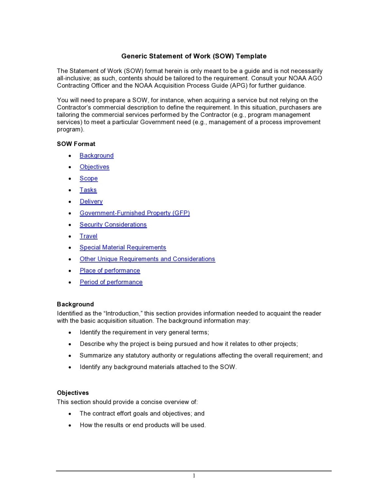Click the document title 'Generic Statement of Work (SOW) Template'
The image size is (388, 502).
pyautogui.click(x=194, y=56)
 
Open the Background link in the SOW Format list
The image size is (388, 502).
pyautogui.click(x=96, y=156)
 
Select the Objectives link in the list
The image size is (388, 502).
pyautogui.click(x=94, y=167)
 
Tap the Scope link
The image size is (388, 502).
pyautogui.click(x=89, y=178)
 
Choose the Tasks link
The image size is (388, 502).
pyautogui.click(x=88, y=190)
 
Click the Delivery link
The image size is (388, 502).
pyautogui.click(x=91, y=202)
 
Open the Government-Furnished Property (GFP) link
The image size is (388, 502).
pyautogui.click(x=135, y=213)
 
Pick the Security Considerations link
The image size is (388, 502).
pyautogui.click(x=113, y=225)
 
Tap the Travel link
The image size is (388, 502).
pyautogui.click(x=89, y=236)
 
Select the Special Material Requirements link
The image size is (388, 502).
pyautogui.click(x=123, y=247)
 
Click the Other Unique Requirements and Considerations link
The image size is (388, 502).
pyautogui.click(x=147, y=259)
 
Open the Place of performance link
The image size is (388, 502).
pyautogui.click(x=110, y=271)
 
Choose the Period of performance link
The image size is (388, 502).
pyautogui.click(x=111, y=282)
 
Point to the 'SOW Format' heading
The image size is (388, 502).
pyautogui.click(x=76, y=144)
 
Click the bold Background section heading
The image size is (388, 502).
pyautogui.click(x=75, y=304)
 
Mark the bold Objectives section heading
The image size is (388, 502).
pyautogui.click(x=73, y=393)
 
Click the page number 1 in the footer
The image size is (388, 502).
pyautogui.click(x=194, y=476)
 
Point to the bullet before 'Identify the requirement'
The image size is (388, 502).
pyautogui.click(x=70, y=333)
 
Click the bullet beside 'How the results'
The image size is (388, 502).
pyautogui.click(x=70, y=426)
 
